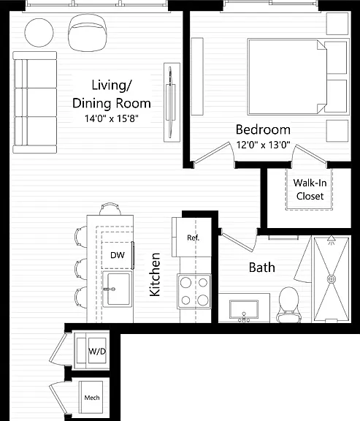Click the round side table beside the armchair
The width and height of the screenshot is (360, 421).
click(x=39, y=32)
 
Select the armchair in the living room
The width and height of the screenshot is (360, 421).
click(x=88, y=32)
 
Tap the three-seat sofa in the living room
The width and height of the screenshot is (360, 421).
click(x=35, y=102)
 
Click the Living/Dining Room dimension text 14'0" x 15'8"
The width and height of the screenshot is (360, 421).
click(x=112, y=118)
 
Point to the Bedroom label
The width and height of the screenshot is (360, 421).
click(x=263, y=129)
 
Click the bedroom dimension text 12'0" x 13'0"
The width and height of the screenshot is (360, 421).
click(x=263, y=145)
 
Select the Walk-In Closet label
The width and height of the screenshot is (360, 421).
click(x=310, y=189)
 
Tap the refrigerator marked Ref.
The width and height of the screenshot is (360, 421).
click(x=191, y=237)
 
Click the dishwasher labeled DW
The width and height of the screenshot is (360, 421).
click(x=118, y=255)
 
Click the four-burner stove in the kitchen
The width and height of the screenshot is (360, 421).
click(x=194, y=292)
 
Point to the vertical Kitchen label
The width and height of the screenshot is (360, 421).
click(x=155, y=274)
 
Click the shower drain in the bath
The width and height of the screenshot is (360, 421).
click(x=332, y=278)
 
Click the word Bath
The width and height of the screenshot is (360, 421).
click(x=262, y=268)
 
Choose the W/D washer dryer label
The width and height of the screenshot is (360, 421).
click(x=97, y=351)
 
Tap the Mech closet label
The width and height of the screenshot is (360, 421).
click(x=92, y=398)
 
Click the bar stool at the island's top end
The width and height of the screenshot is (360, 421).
click(x=110, y=209)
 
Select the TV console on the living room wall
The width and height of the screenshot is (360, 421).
click(x=172, y=102)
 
